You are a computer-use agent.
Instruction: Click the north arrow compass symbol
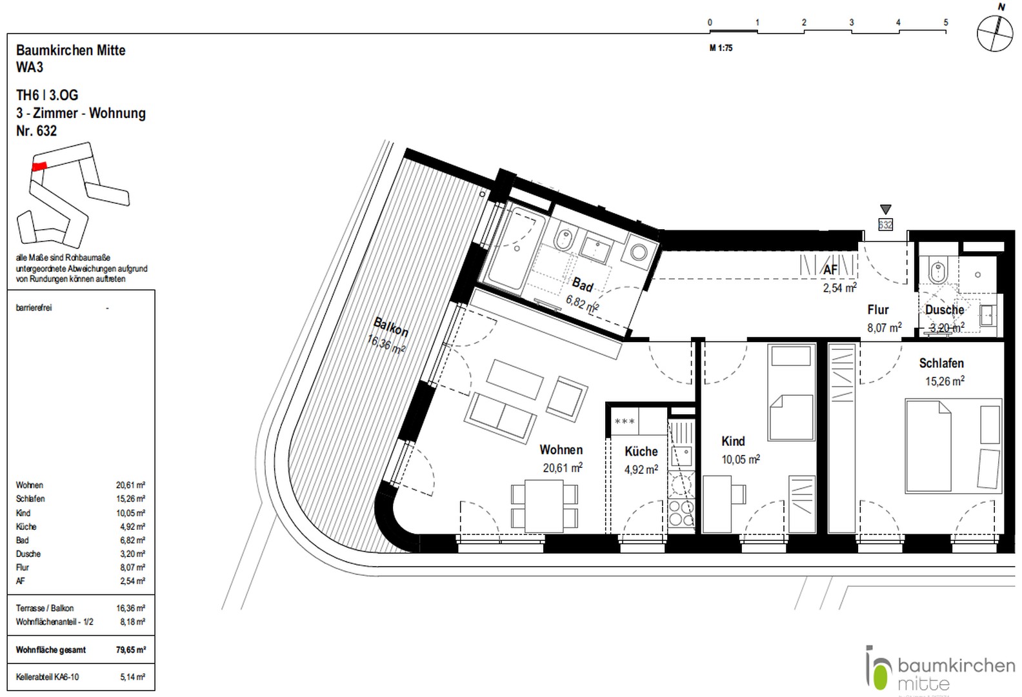[994, 34]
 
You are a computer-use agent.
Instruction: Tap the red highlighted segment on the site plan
[39, 166]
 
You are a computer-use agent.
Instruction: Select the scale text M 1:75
[721, 48]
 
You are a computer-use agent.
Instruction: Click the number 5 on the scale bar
[946, 23]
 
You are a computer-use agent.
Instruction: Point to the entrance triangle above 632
[885, 209]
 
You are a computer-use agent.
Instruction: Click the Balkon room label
[391, 327]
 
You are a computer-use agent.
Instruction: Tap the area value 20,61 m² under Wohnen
[562, 467]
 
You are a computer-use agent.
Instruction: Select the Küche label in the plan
[641, 451]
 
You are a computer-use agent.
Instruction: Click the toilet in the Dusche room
[936, 270]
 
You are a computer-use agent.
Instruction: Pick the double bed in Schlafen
[928, 445]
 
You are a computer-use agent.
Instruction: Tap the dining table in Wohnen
[544, 505]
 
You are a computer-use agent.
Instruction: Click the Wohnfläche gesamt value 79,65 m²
[130, 650]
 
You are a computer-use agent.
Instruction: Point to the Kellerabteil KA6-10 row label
[47, 677]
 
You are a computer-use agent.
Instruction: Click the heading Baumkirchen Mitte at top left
[70, 50]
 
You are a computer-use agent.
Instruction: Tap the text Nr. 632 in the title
[36, 131]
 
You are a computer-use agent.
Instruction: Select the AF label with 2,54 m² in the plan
[831, 270]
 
